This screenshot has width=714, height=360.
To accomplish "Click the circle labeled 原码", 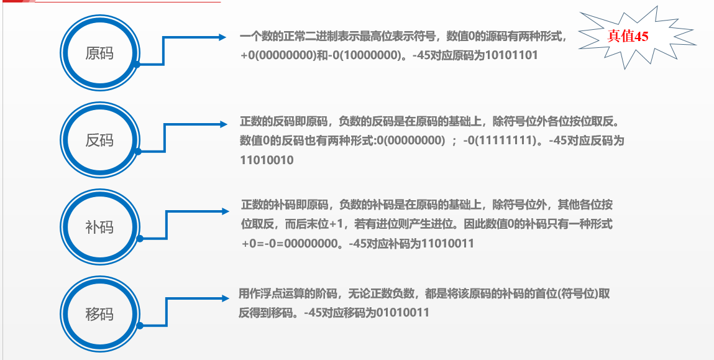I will (x=99, y=52).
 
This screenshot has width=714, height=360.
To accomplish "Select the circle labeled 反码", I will (x=99, y=139).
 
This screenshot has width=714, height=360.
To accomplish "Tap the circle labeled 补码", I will (x=99, y=226).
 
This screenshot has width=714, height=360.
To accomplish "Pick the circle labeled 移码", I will (x=99, y=313).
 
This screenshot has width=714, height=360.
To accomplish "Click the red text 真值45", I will (x=628, y=37).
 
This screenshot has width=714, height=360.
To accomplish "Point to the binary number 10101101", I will (x=507, y=55).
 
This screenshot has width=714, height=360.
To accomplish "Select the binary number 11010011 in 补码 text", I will (x=447, y=244).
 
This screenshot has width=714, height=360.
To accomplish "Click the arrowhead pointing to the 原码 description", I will (x=224, y=37).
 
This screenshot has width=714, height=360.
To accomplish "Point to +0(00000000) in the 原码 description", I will (x=279, y=55).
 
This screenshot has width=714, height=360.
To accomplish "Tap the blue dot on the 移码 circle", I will (x=139, y=325).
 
